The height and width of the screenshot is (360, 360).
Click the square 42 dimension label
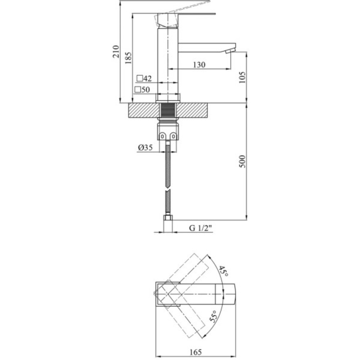pyautogui.click(x=144, y=78)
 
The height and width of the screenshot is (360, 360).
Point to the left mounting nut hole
pyautogui.click(x=163, y=136)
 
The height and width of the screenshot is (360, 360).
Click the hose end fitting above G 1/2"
pyautogui.click(x=168, y=217)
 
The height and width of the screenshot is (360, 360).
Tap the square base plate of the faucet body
pyautogui.click(x=168, y=97)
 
